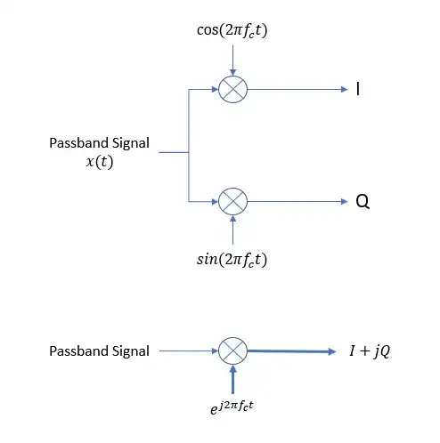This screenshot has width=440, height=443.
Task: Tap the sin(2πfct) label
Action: [232, 261]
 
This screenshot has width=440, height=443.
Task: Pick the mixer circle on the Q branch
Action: [232, 201]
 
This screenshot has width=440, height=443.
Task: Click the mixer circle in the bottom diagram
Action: [232, 350]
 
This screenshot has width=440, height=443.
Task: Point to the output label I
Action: [358, 89]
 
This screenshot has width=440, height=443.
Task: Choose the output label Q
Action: [362, 202]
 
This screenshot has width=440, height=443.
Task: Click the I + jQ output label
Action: [367, 350]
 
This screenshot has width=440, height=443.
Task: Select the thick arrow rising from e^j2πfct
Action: [232, 380]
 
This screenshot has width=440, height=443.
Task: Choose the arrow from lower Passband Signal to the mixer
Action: [187, 351]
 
